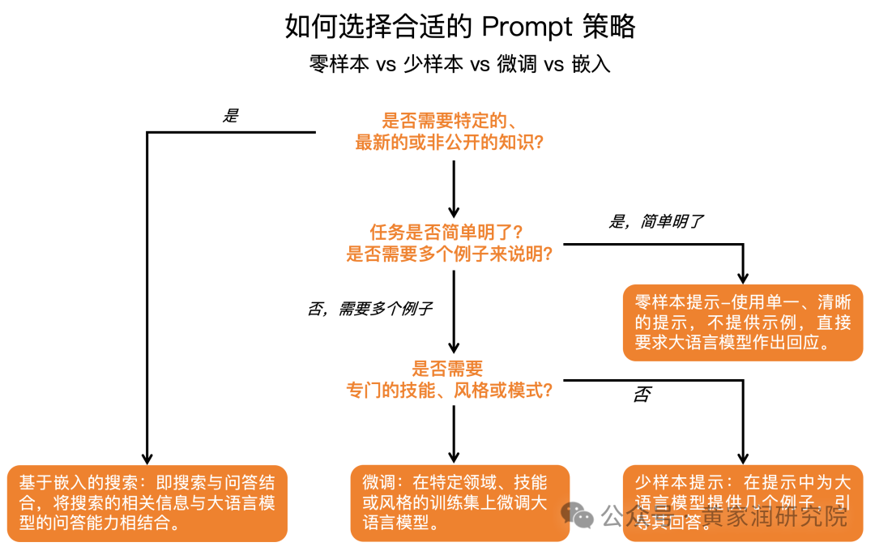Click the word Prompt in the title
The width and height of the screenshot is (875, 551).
click(x=527, y=27)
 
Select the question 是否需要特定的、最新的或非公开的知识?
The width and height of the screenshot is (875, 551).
click(x=449, y=132)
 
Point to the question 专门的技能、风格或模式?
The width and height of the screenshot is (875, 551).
click(x=450, y=390)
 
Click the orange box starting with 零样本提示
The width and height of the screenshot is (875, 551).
click(x=742, y=322)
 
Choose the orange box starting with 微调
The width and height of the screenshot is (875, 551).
click(x=459, y=502)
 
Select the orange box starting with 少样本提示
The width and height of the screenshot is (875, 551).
click(x=742, y=502)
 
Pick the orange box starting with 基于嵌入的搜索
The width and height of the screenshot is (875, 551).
click(x=147, y=502)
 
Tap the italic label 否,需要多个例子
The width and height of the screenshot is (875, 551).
click(x=369, y=309)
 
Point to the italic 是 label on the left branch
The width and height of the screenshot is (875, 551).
click(x=231, y=116)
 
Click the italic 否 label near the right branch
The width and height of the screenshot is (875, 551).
click(x=642, y=395)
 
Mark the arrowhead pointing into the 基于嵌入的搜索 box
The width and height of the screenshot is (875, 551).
click(x=147, y=457)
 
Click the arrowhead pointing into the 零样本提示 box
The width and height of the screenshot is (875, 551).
click(x=743, y=277)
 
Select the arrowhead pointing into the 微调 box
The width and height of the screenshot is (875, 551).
click(x=454, y=457)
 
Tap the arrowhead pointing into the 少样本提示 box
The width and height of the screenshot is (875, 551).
click(x=743, y=457)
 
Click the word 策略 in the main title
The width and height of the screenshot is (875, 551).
click(x=608, y=27)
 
